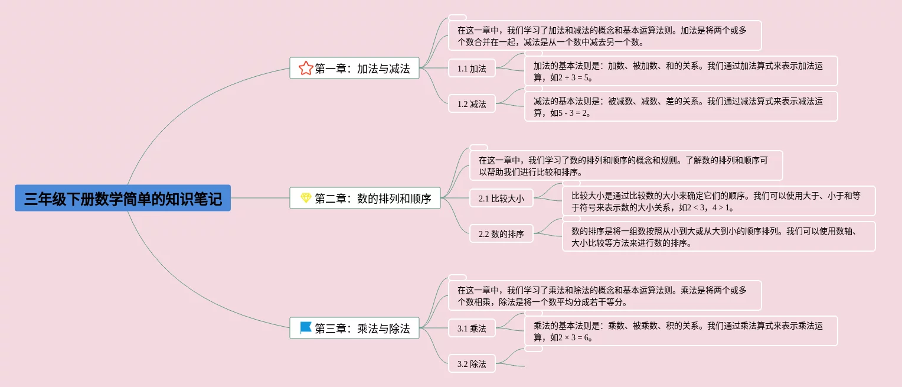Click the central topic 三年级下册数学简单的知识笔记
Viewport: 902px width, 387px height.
[x=123, y=198]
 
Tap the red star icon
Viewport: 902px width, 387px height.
[x=305, y=68]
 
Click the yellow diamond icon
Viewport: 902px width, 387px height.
[x=305, y=198]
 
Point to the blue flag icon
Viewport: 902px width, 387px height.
[x=305, y=327]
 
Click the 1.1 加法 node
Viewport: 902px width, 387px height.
[x=472, y=69]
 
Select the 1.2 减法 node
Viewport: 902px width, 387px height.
[x=472, y=104]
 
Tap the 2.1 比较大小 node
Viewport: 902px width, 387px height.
[x=501, y=199]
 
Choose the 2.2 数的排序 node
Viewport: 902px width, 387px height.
[x=501, y=234]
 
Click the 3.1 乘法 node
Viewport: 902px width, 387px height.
[x=472, y=329]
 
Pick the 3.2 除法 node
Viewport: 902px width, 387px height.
[x=472, y=364]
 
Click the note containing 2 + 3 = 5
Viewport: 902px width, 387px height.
[x=681, y=71]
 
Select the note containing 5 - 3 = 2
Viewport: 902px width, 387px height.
[x=681, y=106]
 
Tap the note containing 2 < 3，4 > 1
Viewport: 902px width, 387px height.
[x=718, y=201]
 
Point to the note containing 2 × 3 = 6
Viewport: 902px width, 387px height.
[x=681, y=331]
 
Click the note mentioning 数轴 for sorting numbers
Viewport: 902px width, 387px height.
[x=718, y=236]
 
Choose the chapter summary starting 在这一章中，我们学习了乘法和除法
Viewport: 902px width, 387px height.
[x=605, y=295]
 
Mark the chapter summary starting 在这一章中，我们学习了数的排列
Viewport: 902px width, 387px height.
[x=626, y=165]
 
